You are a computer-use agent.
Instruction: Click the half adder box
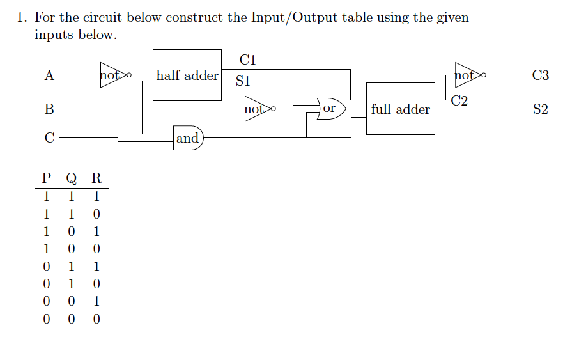(187, 75)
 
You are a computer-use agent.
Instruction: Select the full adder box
(400, 109)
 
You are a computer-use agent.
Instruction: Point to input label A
(49, 75)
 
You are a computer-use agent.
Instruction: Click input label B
(49, 109)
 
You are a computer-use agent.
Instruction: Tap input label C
(49, 137)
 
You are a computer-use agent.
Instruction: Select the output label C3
(540, 75)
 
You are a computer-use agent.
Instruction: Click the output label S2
(540, 109)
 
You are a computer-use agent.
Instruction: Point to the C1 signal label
(248, 60)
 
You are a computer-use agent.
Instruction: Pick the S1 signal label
(243, 82)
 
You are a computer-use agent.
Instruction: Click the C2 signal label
(459, 100)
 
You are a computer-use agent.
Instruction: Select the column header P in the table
(46, 178)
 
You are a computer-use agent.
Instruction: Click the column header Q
(71, 178)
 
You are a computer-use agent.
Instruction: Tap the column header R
(96, 178)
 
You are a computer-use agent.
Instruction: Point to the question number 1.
(22, 17)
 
